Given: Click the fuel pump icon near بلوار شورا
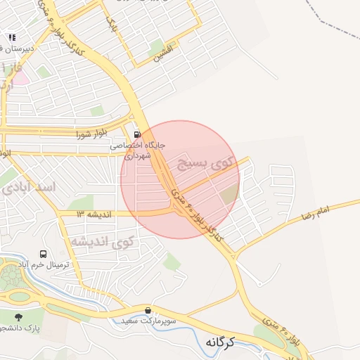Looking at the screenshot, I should (x=136, y=134).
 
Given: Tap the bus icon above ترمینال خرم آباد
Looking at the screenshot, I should (x=44, y=254).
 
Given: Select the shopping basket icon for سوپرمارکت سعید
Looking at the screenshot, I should (x=148, y=310).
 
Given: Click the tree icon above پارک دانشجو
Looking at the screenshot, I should (x=18, y=317).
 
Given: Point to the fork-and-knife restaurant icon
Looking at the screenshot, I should (x=12, y=37).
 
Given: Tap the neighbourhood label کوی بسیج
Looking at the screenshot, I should (x=204, y=165).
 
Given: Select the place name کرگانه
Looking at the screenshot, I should (x=220, y=342).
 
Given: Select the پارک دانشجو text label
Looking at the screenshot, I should (x=25, y=328).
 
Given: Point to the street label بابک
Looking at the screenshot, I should (x=110, y=23).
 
